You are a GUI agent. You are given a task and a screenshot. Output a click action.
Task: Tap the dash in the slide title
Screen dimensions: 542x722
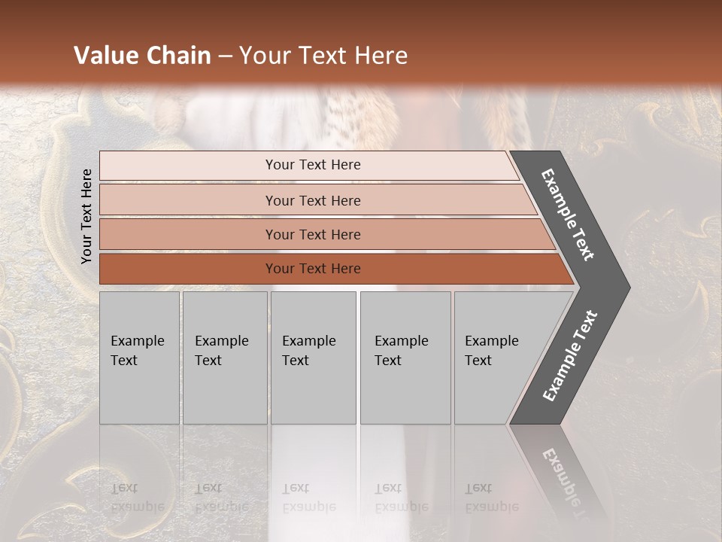(225, 56)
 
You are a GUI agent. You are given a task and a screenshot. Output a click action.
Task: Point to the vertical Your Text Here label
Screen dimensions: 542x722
(86, 216)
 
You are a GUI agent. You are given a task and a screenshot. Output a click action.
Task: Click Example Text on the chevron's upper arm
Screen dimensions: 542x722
(568, 215)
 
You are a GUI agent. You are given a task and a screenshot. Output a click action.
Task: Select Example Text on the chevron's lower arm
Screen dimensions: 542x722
(570, 356)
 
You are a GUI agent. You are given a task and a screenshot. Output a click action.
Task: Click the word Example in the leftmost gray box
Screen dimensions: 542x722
(138, 341)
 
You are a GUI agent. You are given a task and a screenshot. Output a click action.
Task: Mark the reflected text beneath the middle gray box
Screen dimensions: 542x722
(308, 498)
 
